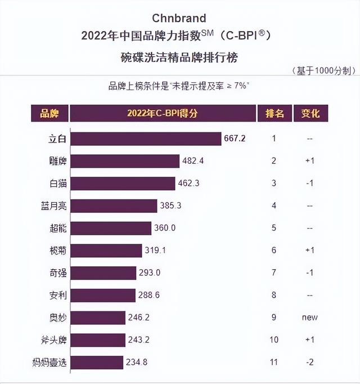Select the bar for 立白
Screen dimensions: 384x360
click(147, 139)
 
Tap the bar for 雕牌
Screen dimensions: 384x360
click(126, 161)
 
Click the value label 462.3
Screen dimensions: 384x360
click(190, 183)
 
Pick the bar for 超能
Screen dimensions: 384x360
click(112, 228)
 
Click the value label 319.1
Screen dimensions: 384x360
click(156, 251)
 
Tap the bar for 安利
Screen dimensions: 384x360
click(104, 295)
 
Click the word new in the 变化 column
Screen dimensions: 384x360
click(309, 317)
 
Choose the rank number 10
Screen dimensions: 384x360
click(274, 340)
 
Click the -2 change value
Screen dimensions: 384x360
click(309, 362)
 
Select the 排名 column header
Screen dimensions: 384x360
click(274, 113)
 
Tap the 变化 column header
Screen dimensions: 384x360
click(310, 113)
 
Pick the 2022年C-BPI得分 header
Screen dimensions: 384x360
click(162, 113)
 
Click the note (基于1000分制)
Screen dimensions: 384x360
click(323, 71)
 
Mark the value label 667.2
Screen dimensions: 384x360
click(236, 139)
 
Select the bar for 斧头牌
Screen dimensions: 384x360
click(99, 340)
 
